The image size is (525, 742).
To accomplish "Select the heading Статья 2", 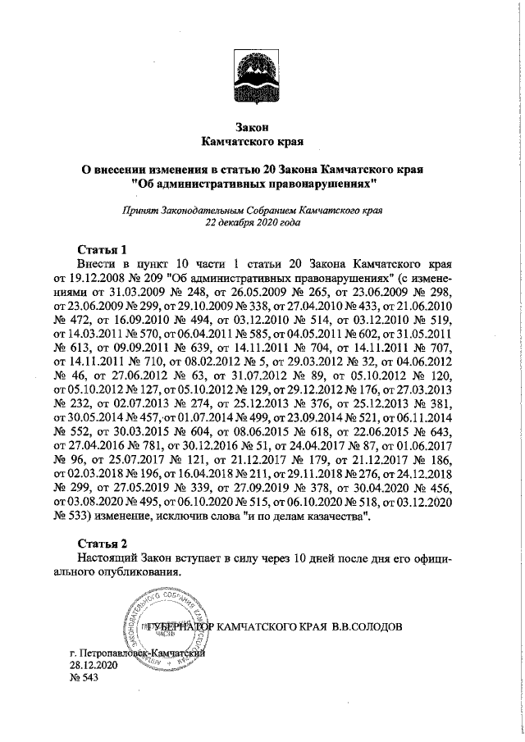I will point(103,544).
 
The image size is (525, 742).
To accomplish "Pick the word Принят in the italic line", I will point(138,210).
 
